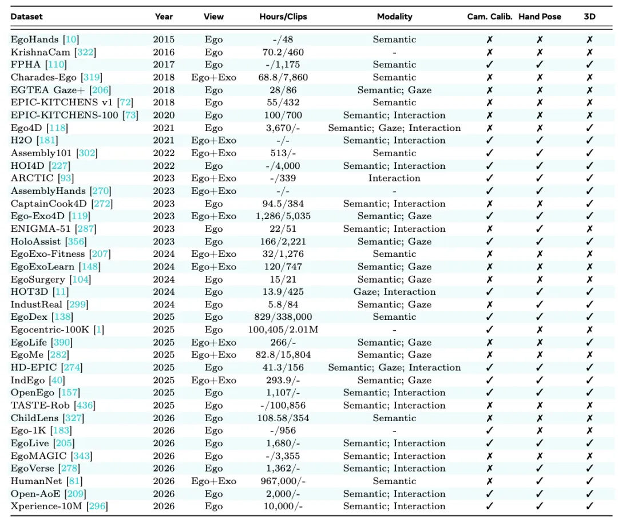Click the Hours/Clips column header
[x=283, y=17]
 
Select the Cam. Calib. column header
[x=489, y=17]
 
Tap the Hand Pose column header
[x=540, y=17]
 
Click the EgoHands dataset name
[x=34, y=39]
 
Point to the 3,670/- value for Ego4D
[x=283, y=128]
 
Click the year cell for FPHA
[x=164, y=65]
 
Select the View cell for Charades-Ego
[x=213, y=77]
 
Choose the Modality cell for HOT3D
[x=394, y=292]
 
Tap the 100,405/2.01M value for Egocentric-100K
[x=283, y=330]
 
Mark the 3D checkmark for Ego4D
[x=589, y=128]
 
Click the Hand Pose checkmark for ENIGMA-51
[x=540, y=228]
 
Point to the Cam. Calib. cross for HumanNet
[x=489, y=481]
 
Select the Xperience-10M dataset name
[x=46, y=506]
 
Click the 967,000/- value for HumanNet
[x=283, y=481]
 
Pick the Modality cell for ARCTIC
[x=394, y=178]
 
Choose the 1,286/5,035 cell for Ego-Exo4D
[x=283, y=216]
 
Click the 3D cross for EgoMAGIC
[x=589, y=455]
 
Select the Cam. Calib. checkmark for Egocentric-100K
[x=489, y=330]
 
